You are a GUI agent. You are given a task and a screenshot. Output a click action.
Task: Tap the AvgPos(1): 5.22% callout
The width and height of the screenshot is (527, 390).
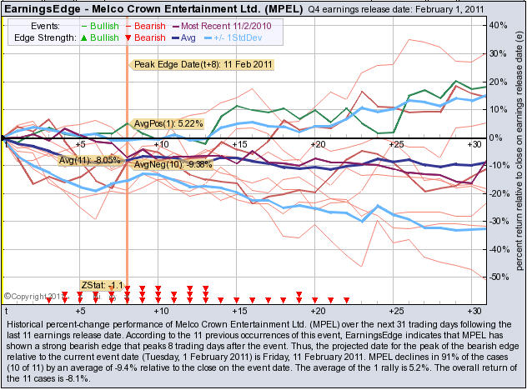coord(168,123)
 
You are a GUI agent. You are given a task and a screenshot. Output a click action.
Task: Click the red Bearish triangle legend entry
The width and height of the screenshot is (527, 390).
coord(143,37)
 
